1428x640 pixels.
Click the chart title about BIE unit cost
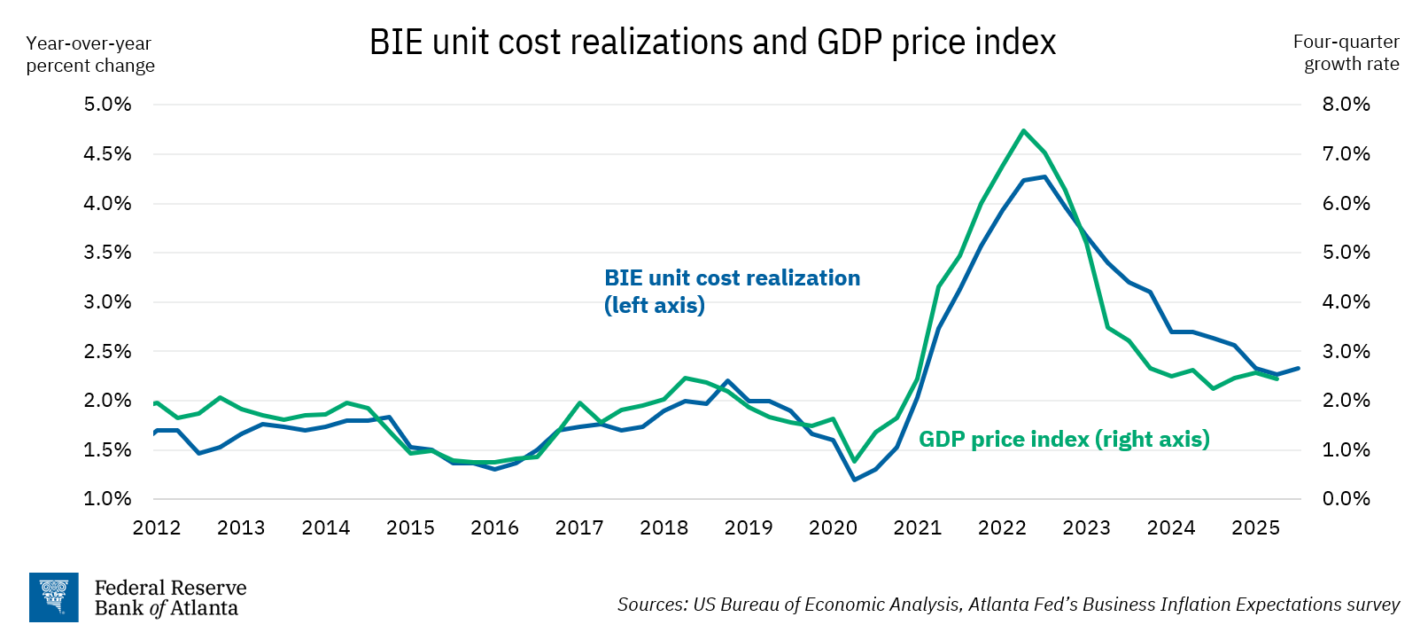coord(712,43)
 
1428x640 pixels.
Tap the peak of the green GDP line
coord(1023,131)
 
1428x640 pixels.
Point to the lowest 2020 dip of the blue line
coord(854,480)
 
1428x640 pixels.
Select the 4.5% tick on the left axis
coord(107,154)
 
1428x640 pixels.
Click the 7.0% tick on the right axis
coord(1346,154)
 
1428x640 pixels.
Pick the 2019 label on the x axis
coord(748,528)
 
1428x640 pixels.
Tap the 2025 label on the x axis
coord(1255,528)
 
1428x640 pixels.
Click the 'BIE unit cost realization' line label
coord(732,278)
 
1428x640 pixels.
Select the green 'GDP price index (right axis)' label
coord(1064,440)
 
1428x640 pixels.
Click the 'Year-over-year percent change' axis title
coord(90,54)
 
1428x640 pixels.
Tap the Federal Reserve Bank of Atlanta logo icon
coord(54,597)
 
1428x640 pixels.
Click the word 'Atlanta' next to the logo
coord(204,609)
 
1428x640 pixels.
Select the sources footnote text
coord(1008,605)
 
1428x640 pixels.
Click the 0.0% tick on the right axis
coord(1346,499)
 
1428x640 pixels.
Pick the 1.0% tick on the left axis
coord(107,499)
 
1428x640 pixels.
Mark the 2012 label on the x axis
coord(157,528)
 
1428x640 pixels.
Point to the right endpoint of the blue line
coord(1298,368)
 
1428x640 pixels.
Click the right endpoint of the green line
coord(1277,379)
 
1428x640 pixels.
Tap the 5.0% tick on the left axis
coord(107,105)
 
